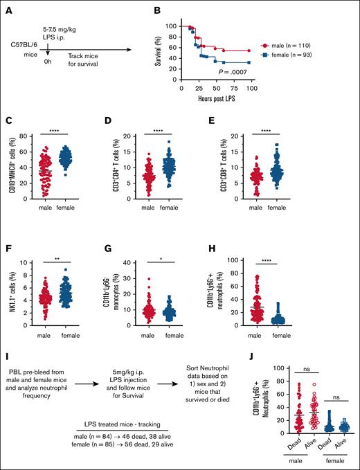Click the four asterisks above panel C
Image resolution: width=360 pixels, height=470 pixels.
pyautogui.click(x=66, y=127)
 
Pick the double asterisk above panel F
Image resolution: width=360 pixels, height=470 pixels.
pyautogui.click(x=66, y=242)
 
